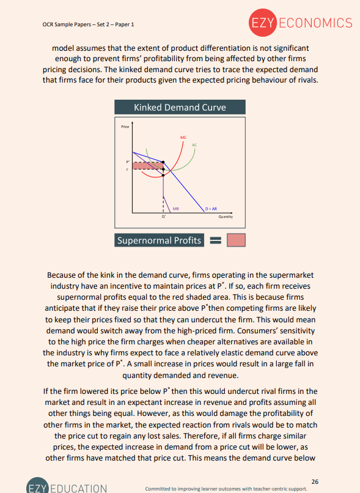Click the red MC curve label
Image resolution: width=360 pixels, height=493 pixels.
tap(183, 137)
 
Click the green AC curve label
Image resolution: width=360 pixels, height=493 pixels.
tap(194, 144)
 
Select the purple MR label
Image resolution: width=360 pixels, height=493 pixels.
tap(176, 209)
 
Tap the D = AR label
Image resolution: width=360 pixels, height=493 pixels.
tap(211, 209)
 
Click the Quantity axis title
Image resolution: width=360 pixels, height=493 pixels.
tap(225, 217)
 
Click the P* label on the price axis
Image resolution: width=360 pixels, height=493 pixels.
tap(127, 162)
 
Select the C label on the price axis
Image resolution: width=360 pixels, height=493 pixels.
tap(127, 169)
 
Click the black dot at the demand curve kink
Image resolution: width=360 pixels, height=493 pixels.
tap(163, 162)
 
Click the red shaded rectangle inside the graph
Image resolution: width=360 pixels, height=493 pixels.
tap(147, 166)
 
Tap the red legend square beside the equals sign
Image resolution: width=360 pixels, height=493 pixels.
tap(235, 240)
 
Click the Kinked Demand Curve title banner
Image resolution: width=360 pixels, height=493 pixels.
tap(180, 108)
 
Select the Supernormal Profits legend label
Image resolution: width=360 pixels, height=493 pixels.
tap(159, 240)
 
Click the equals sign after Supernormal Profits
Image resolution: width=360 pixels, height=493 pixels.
tap(215, 241)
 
